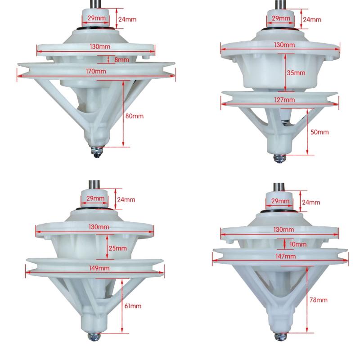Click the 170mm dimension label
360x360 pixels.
pyautogui.click(x=96, y=71)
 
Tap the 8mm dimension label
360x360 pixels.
pyautogui.click(x=121, y=60)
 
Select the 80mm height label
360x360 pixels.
pyautogui.click(x=134, y=116)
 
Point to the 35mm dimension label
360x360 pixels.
pyautogui.click(x=296, y=73)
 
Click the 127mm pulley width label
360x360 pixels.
pyautogui.click(x=284, y=100)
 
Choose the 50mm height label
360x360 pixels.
pyautogui.click(x=319, y=132)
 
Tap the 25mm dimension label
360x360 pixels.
pyautogui.click(x=117, y=248)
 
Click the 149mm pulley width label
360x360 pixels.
pyautogui.click(x=99, y=268)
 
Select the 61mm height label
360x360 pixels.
pyautogui.click(x=133, y=306)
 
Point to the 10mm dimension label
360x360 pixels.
pyautogui.click(x=298, y=244)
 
